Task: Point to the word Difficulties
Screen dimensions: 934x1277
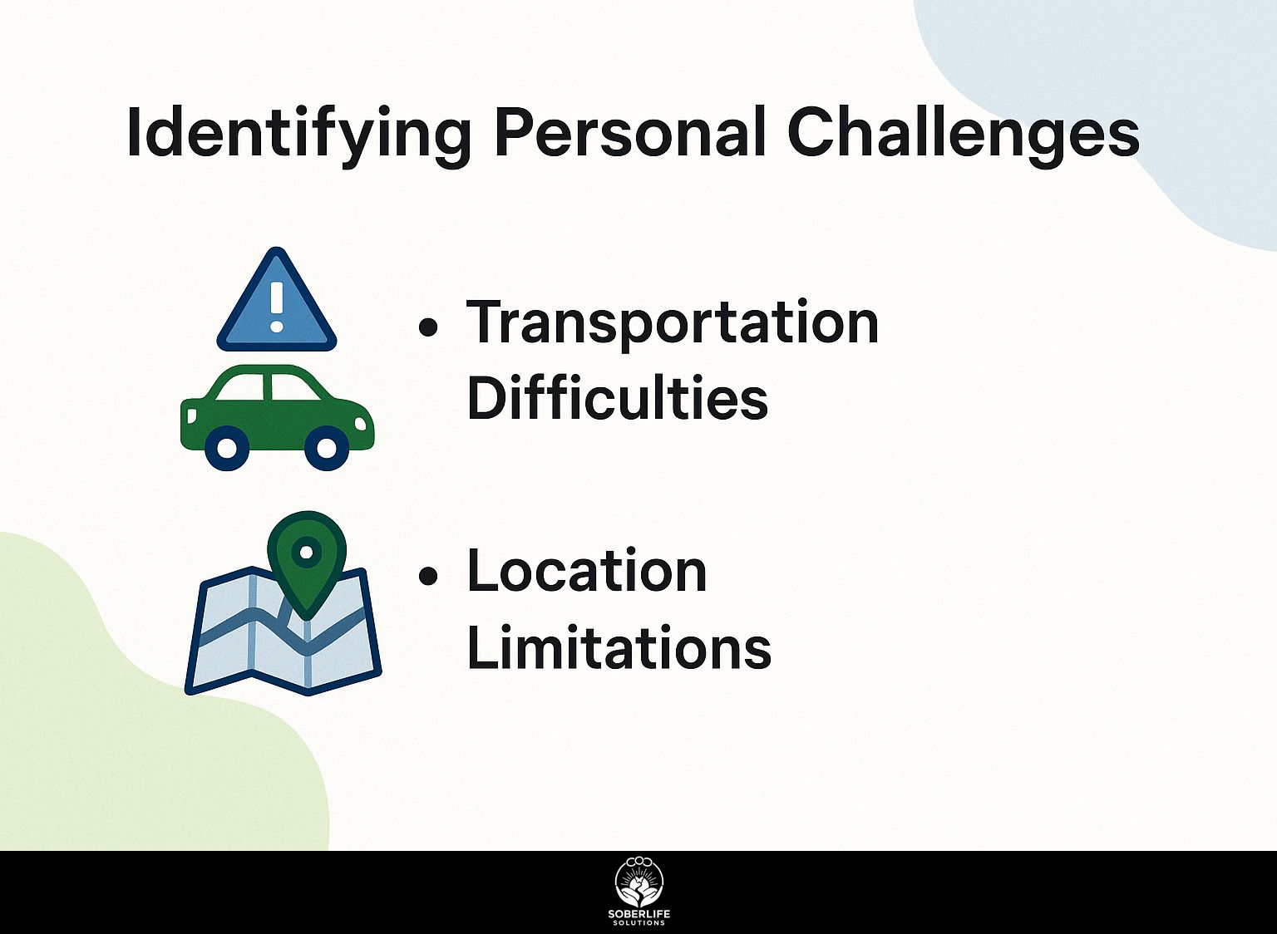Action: pyautogui.click(x=617, y=399)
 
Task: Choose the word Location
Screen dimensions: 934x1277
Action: pyautogui.click(x=587, y=572)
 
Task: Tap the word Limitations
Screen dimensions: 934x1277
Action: pyautogui.click(x=619, y=648)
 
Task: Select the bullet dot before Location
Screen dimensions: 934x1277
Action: pyautogui.click(x=428, y=576)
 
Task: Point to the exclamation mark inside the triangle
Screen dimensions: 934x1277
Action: pyautogui.click(x=277, y=306)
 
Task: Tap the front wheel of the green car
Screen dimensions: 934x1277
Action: pyautogui.click(x=327, y=449)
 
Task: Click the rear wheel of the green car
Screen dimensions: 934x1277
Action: pyautogui.click(x=227, y=449)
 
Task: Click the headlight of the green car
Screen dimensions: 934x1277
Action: pyautogui.click(x=361, y=424)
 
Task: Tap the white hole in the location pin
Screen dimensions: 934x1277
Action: pyautogui.click(x=307, y=550)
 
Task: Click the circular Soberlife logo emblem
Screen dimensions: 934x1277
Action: pyautogui.click(x=638, y=882)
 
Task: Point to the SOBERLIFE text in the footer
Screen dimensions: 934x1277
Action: pyautogui.click(x=638, y=914)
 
